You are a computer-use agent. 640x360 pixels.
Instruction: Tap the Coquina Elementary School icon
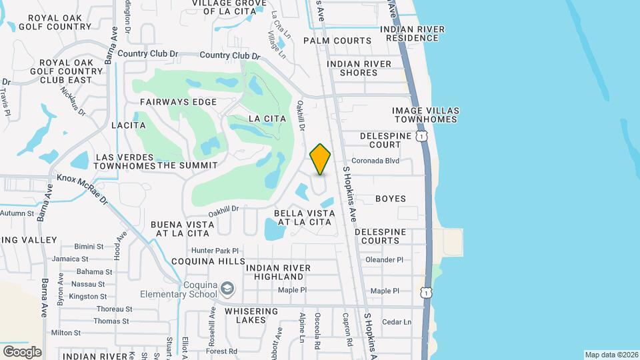(x=228, y=288)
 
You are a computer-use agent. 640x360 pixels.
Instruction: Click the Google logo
(x=22, y=351)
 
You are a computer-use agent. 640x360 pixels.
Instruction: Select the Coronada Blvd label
(x=375, y=161)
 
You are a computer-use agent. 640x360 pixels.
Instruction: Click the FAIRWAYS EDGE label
(x=179, y=102)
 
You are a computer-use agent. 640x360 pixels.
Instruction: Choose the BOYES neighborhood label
(x=391, y=199)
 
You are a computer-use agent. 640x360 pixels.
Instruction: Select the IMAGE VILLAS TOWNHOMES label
(x=425, y=115)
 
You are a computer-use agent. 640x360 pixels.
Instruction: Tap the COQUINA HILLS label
(x=205, y=261)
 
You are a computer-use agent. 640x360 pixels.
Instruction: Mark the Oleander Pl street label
(x=385, y=259)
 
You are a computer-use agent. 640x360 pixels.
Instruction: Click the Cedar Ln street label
(x=397, y=322)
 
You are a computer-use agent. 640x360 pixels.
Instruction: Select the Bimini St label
(x=89, y=246)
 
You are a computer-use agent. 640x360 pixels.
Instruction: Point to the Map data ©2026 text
(x=611, y=355)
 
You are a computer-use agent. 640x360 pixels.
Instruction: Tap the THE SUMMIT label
(x=187, y=165)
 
